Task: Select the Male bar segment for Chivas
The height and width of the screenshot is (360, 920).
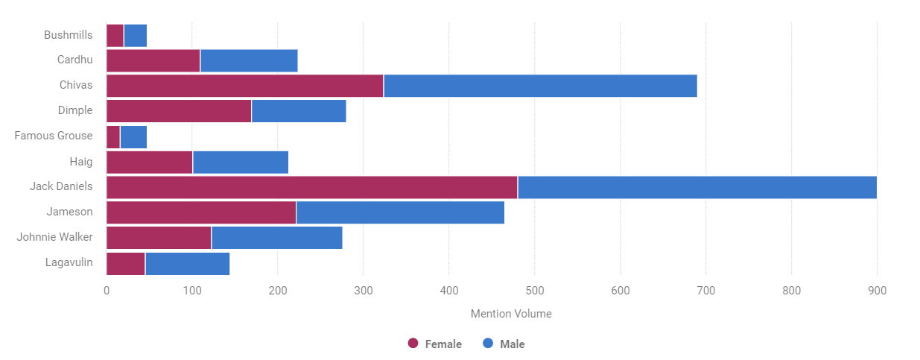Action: coord(540,86)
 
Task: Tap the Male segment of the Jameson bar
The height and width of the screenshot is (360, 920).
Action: coord(400,212)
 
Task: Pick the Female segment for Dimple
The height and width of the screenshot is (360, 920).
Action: coord(179,111)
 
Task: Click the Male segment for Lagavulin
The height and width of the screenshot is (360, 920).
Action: coord(187,264)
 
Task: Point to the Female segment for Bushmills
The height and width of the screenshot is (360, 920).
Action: coord(115,35)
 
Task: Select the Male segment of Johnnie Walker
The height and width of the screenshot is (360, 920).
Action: coord(276,238)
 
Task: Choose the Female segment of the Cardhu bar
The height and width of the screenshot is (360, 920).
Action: coord(153,60)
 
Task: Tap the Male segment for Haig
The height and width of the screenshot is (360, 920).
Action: coord(240,162)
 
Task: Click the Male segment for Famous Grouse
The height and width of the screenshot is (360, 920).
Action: coord(133,137)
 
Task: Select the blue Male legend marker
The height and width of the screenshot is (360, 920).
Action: coord(488,344)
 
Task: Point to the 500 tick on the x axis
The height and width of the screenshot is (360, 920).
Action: coord(535,291)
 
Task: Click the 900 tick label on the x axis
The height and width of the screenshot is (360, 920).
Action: coord(877,291)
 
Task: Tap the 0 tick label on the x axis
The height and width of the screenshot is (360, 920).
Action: coord(107,291)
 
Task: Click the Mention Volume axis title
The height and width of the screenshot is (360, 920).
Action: coord(511,314)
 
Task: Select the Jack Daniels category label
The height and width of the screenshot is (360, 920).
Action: coord(61,186)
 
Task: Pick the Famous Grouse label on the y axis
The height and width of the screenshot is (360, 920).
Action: coord(54,136)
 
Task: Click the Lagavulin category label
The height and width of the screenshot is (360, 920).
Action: coord(69,262)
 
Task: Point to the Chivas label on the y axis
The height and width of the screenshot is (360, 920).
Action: coord(76,85)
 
